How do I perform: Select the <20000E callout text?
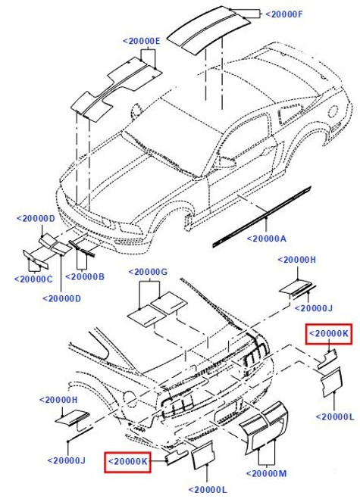[x=142, y=41]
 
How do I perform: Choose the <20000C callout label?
[x=33, y=279]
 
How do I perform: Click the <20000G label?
[x=148, y=272]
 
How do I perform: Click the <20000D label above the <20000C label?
[x=36, y=219]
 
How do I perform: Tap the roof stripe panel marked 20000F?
[x=205, y=30]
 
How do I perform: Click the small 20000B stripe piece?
[x=81, y=248]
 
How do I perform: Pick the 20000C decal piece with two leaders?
[x=35, y=259]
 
